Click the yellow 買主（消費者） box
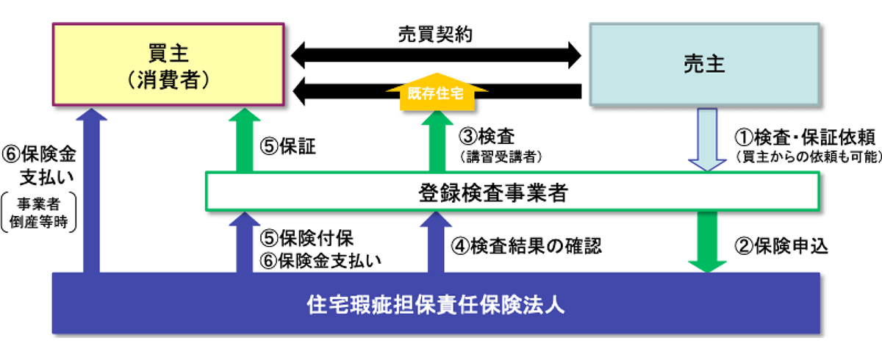click(168, 64)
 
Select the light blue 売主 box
click(704, 64)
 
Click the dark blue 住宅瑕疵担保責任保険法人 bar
click(436, 303)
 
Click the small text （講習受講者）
click(495, 156)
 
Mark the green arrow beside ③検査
click(436, 143)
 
